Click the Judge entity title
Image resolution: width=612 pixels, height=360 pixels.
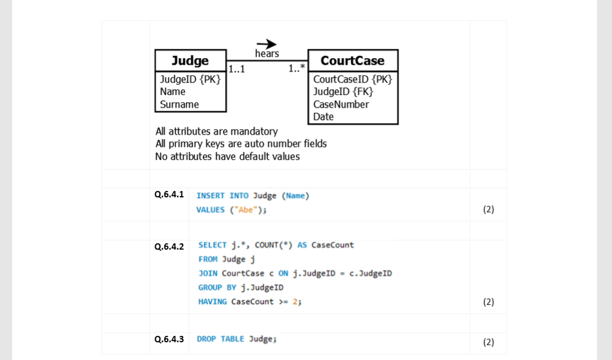pyautogui.click(x=190, y=60)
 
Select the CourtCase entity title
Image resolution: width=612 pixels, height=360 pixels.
pyautogui.click(x=352, y=60)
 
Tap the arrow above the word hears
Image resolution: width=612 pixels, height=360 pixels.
pyautogui.click(x=267, y=44)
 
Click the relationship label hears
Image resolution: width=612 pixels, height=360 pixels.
pyautogui.click(x=267, y=53)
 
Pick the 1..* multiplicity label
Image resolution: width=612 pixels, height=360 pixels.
pyautogui.click(x=297, y=69)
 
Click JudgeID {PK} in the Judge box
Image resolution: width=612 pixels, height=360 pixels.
pyautogui.click(x=190, y=79)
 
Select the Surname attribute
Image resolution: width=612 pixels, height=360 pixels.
pyautogui.click(x=179, y=104)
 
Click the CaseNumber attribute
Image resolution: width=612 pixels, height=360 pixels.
pyautogui.click(x=341, y=104)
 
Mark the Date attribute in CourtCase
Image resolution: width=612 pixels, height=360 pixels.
pyautogui.click(x=324, y=117)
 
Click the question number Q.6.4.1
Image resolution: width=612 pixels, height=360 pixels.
pyautogui.click(x=169, y=194)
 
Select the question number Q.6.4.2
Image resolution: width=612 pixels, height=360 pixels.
pyautogui.click(x=169, y=247)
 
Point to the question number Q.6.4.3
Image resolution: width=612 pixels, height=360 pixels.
pyautogui.click(x=169, y=339)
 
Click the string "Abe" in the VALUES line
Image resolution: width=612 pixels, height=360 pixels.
pyautogui.click(x=245, y=210)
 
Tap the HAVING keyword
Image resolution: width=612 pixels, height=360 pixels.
pyautogui.click(x=213, y=301)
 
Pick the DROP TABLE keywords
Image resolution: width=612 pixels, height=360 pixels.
pyautogui.click(x=221, y=339)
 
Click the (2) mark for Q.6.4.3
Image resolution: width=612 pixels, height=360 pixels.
pyautogui.click(x=488, y=342)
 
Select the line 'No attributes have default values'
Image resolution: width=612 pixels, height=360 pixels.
pyautogui.click(x=228, y=156)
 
